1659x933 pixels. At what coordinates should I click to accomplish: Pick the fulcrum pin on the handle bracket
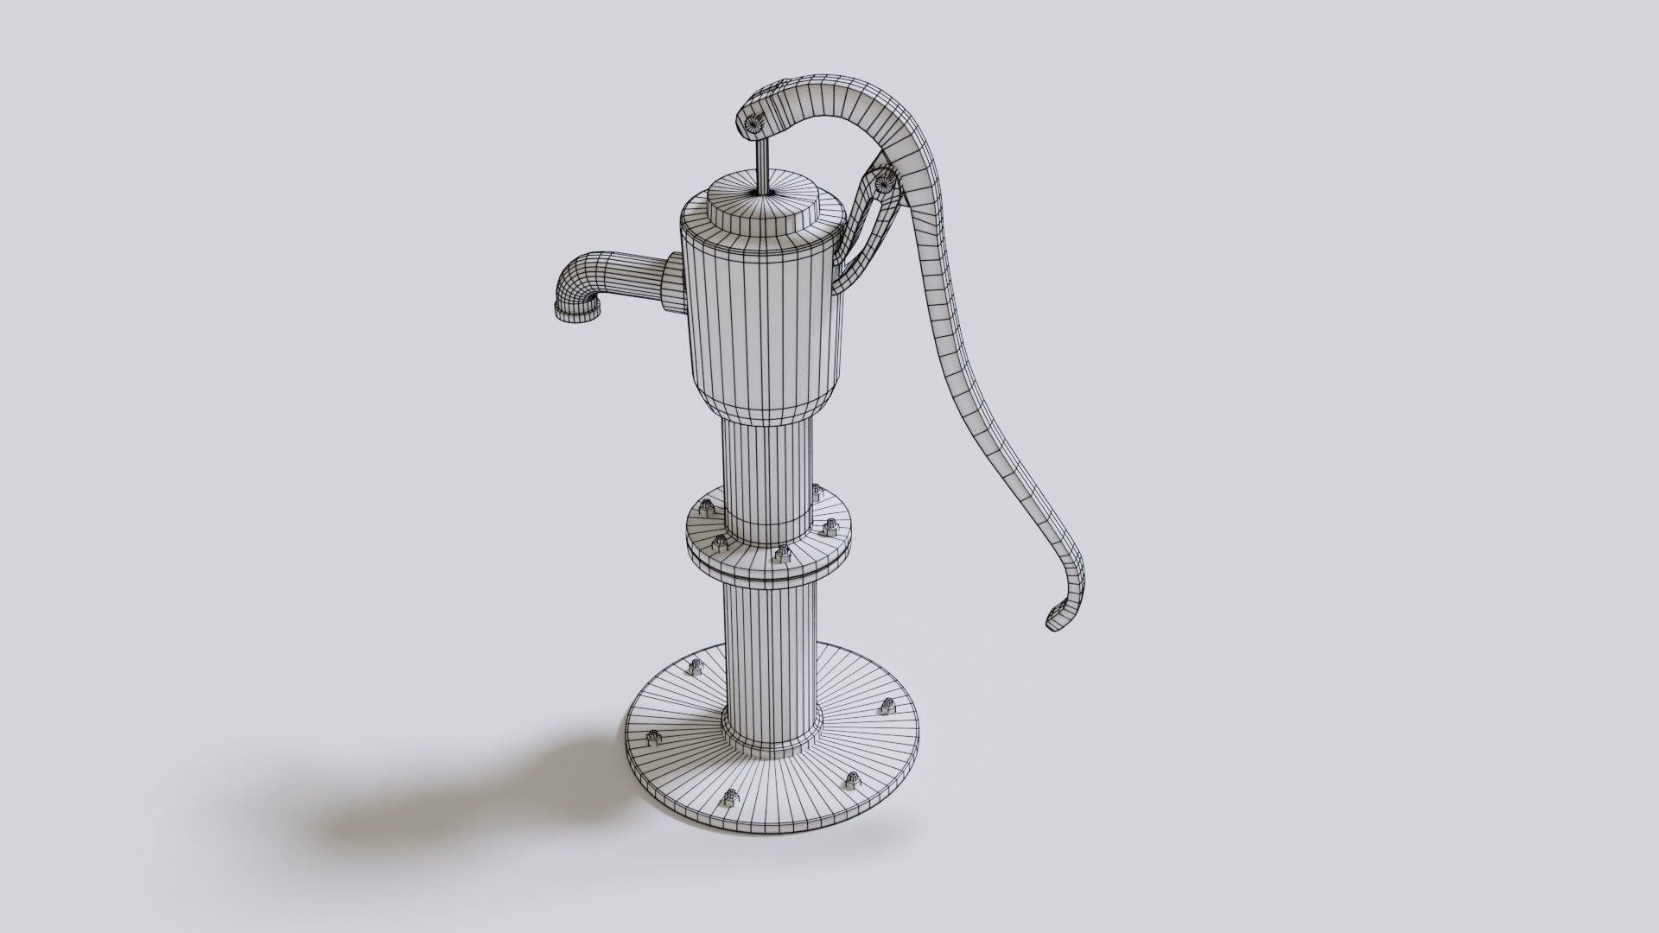coord(883,183)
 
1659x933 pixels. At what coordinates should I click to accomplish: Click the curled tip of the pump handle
coord(1059,615)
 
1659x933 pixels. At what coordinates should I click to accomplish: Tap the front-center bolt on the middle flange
coord(783,553)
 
